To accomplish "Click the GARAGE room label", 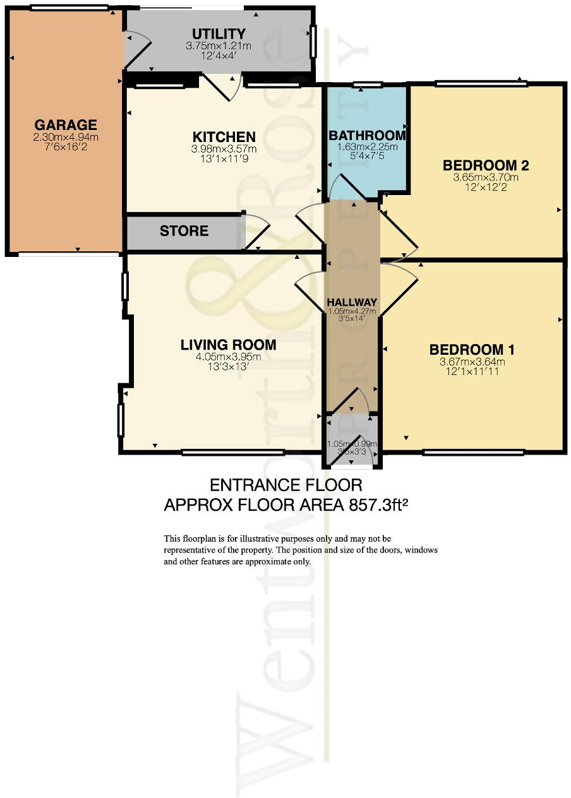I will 66,124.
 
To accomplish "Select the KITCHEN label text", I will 224,137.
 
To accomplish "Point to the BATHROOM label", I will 367,135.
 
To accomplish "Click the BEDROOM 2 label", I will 486,165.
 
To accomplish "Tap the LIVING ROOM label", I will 228,345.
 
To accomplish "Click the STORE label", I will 184,231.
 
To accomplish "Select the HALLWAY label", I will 352,302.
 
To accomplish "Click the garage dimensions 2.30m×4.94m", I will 66,137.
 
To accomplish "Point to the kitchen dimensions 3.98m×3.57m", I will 224,150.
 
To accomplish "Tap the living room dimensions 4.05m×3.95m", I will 228,357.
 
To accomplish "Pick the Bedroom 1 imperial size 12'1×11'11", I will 472,372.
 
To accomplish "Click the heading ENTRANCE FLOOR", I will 286,485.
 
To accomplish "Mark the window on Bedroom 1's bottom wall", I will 473,452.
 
